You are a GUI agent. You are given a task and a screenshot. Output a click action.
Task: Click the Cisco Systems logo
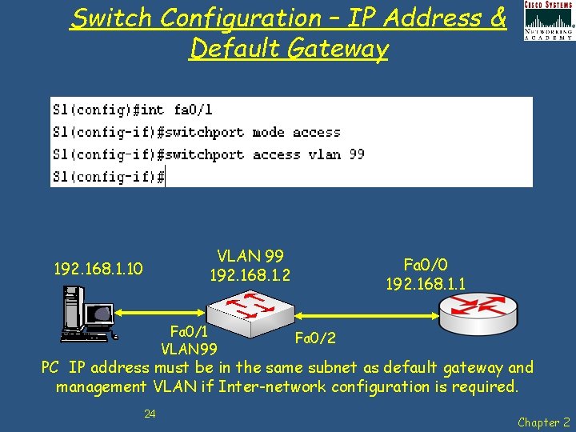(x=549, y=20)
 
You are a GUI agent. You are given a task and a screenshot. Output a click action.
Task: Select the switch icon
(x=250, y=305)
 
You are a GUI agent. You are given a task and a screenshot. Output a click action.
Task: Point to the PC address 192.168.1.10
(x=98, y=269)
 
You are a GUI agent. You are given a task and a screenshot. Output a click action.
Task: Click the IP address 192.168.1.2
(x=250, y=276)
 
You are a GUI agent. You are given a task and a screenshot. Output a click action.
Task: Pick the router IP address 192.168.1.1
(x=426, y=284)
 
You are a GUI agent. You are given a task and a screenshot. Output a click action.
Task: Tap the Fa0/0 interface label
(x=426, y=265)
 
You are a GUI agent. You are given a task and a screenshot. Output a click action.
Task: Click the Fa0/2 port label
(x=314, y=338)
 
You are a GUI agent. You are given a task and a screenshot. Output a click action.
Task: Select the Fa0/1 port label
(x=190, y=330)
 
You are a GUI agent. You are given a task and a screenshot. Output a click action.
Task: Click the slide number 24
(x=150, y=414)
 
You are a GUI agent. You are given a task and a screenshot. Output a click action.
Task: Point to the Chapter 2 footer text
(x=543, y=422)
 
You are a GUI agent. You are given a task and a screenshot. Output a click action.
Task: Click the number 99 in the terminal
(x=356, y=154)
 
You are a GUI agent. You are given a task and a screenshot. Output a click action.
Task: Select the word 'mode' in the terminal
(x=268, y=132)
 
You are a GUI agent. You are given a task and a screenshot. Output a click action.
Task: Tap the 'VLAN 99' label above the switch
(x=250, y=257)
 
